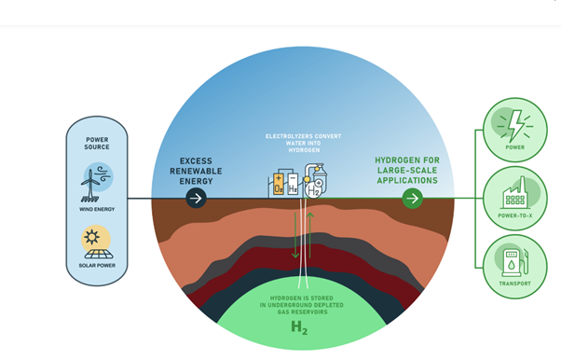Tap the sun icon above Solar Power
92,237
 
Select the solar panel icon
99,254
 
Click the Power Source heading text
97,144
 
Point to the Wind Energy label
97,209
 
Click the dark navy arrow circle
196,198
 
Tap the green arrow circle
413,198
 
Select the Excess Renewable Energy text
196,171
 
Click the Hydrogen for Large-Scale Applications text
407,170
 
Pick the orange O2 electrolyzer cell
279,185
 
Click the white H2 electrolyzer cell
293,185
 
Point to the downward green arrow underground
295,235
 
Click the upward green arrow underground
309,235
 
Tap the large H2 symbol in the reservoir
299,327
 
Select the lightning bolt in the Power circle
515,126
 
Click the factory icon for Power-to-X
515,194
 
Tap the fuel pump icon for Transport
515,263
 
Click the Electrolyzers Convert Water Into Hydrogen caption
304,144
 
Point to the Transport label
515,284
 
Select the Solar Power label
97,266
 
